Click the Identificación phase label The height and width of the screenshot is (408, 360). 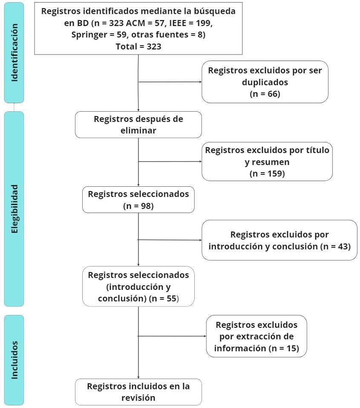pyautogui.click(x=14, y=52)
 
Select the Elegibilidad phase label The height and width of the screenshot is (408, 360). pyautogui.click(x=14, y=208)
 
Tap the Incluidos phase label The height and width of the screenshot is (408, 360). pyautogui.click(x=14, y=360)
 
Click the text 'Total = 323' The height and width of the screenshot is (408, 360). pyautogui.click(x=138, y=46)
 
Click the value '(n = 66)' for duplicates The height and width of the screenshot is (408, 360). pyautogui.click(x=265, y=94)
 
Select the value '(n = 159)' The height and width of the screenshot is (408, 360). pyautogui.click(x=267, y=174)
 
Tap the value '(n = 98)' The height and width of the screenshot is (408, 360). pyautogui.click(x=138, y=206)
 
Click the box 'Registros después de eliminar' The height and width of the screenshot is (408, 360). pyautogui.click(x=138, y=124)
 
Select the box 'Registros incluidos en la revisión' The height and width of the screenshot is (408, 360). pyautogui.click(x=138, y=392)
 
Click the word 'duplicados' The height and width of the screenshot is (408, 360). pyautogui.click(x=265, y=82)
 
